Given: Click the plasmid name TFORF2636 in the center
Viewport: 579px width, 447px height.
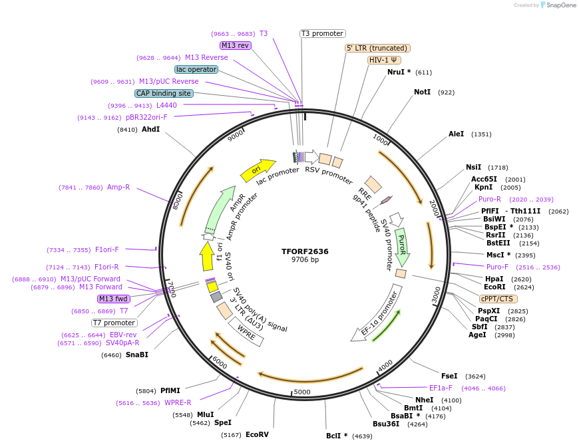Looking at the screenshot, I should [x=305, y=251].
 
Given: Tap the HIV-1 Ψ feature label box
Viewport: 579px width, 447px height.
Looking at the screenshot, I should [x=384, y=60].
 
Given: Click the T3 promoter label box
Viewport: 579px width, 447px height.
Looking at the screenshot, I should [x=322, y=33].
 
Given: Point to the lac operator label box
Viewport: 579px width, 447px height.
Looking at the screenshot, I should [x=196, y=69].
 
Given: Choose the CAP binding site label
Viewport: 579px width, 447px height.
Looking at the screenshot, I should [x=164, y=94].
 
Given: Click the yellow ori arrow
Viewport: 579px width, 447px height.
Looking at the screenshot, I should [x=258, y=170].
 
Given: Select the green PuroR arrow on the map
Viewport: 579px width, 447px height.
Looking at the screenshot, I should [x=401, y=245].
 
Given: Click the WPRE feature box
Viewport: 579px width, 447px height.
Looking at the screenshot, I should [x=246, y=332].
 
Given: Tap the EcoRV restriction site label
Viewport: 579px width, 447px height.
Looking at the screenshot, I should [x=257, y=435].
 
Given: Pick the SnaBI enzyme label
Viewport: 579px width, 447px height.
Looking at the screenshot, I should [x=136, y=355].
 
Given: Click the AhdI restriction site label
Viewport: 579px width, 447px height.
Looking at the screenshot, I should [x=150, y=130].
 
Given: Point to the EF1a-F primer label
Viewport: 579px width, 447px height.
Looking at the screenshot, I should [x=441, y=388].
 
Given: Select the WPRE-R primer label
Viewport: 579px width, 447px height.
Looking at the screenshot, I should [x=178, y=403].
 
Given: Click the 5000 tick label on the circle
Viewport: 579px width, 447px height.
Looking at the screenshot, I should [x=302, y=392].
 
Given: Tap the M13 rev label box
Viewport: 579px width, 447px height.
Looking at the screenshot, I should [x=236, y=45].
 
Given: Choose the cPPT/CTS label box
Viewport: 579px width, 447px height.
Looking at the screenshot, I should [x=496, y=299].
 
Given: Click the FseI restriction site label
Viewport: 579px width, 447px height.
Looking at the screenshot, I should [x=449, y=376].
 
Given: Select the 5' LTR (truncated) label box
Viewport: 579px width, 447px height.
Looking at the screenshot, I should [x=377, y=48].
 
